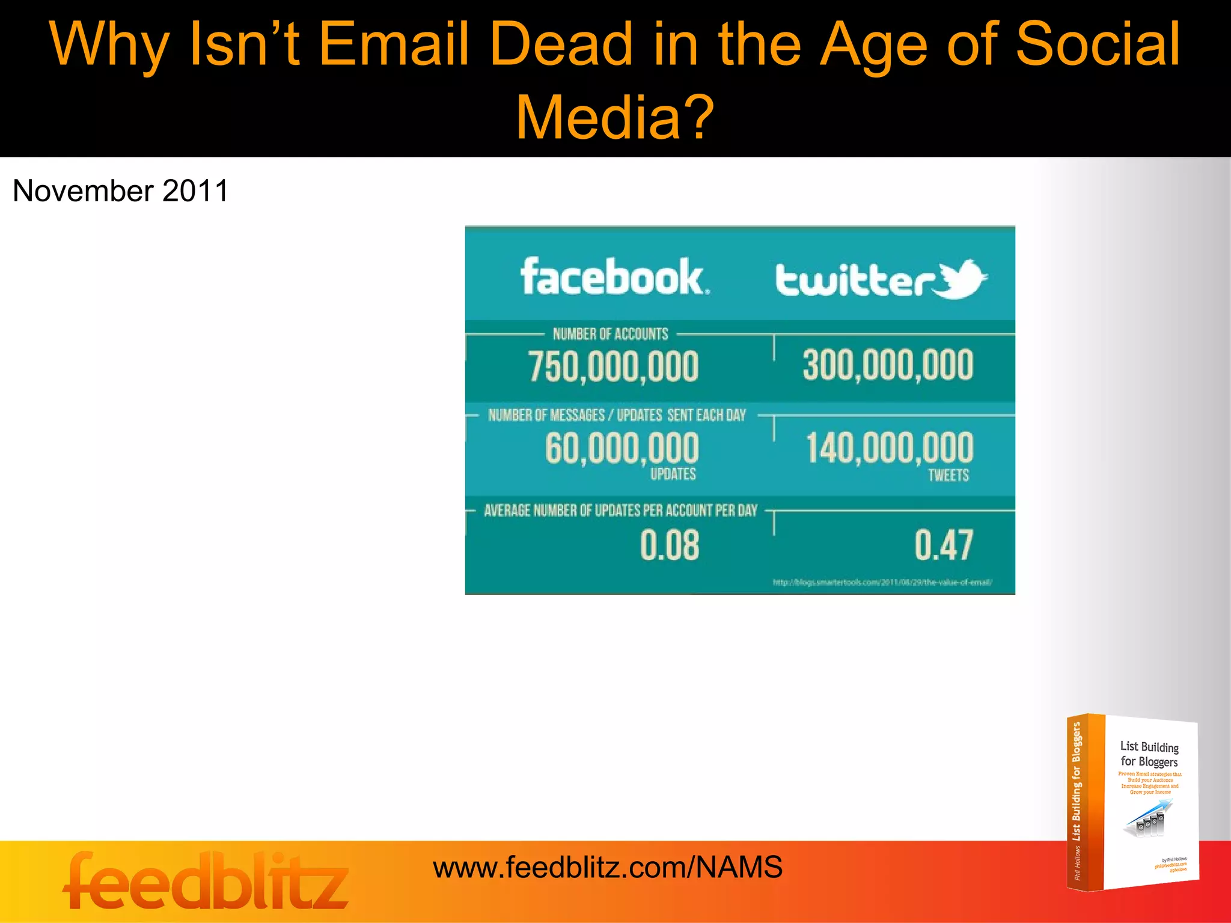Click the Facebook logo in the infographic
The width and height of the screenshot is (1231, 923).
coord(614,277)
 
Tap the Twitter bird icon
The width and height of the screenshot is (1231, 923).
coord(962,278)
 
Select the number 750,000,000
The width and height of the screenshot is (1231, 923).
coord(613,367)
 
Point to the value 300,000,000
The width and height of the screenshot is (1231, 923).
coord(888,365)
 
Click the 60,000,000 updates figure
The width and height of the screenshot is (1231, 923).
coord(622,448)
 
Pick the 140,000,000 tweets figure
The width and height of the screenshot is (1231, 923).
coord(889,448)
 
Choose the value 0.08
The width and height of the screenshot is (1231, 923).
coord(670,545)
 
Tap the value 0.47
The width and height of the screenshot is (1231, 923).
coord(944,545)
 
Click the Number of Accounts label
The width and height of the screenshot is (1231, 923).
coord(610,334)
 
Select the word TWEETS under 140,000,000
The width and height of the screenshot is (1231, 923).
coord(948,475)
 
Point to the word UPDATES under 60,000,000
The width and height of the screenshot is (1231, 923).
coord(673,474)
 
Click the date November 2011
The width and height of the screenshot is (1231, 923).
coord(120,191)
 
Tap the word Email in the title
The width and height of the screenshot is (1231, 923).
coord(393,44)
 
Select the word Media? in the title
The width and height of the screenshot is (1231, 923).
coord(614,117)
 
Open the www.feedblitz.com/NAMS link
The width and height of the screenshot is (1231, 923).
coord(607,868)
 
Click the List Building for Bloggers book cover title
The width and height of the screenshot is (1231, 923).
coord(1149,754)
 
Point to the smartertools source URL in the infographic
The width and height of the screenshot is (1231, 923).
coord(882,582)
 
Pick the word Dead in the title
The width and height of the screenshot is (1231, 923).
coord(561,44)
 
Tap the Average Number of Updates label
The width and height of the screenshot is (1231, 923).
coord(620,511)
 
